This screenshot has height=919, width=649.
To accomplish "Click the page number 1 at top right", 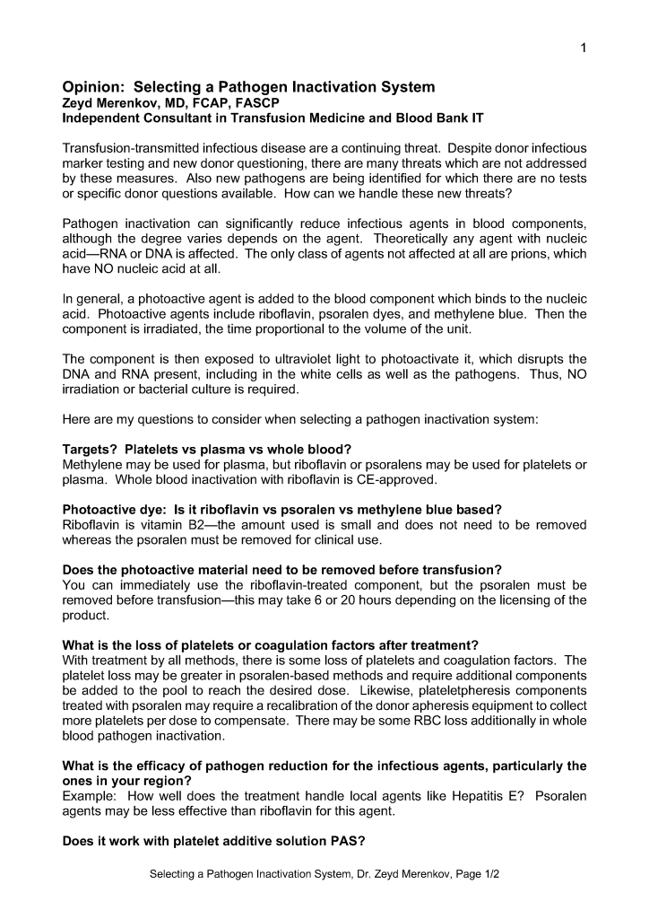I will (584, 49).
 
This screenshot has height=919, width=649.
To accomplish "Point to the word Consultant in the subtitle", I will (177, 118).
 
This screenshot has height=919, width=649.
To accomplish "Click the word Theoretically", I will (415, 240).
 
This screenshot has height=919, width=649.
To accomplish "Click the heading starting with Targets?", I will (206, 449).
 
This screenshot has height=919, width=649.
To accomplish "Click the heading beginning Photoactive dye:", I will (281, 509).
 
